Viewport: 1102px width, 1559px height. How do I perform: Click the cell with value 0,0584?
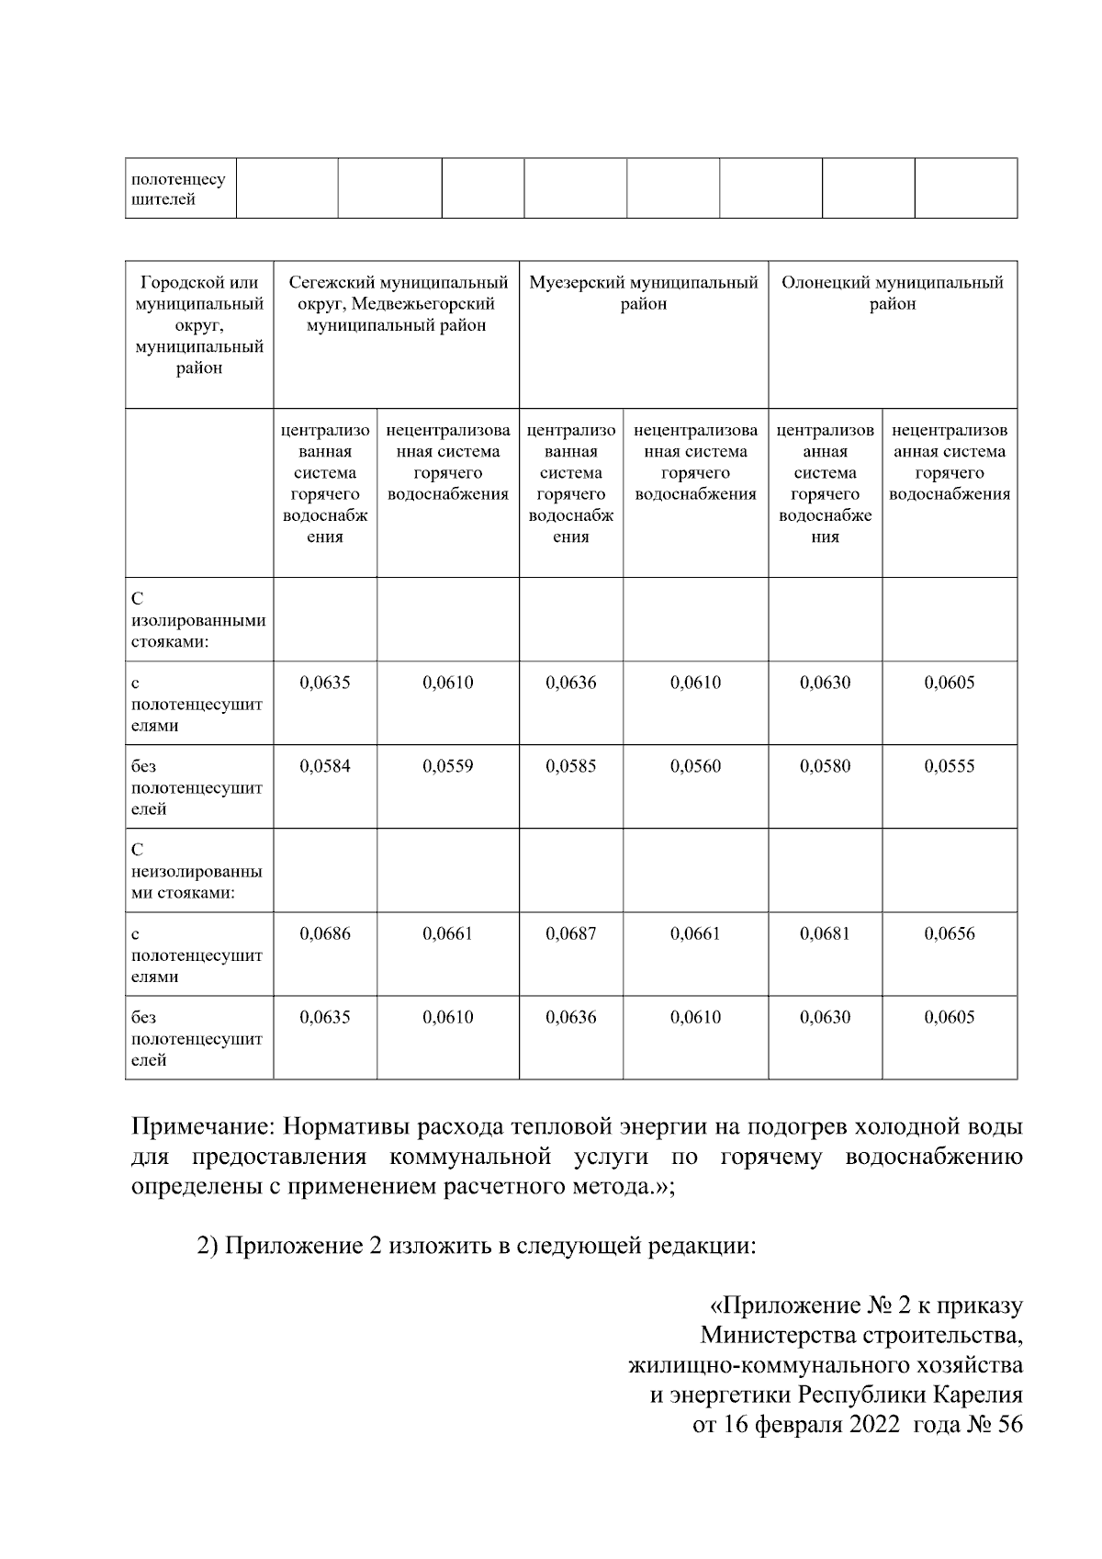pyautogui.click(x=325, y=766)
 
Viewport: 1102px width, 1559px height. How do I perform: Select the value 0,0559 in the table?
pyautogui.click(x=448, y=766)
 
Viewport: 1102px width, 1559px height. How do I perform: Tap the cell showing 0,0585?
pyautogui.click(x=571, y=766)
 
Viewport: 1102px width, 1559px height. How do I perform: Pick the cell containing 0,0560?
pyautogui.click(x=696, y=766)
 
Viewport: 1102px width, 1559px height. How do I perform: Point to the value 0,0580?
pyautogui.click(x=826, y=766)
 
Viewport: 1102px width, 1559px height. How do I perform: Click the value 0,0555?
pyautogui.click(x=950, y=766)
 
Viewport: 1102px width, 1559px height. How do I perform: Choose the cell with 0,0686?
pyautogui.click(x=325, y=933)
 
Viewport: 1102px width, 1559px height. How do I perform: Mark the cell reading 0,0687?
pyautogui.click(x=571, y=933)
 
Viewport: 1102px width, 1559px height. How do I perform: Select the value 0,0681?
pyautogui.click(x=826, y=933)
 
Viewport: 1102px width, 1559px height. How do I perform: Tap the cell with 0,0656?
pyautogui.click(x=950, y=933)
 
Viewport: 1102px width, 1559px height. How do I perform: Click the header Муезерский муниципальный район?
pyautogui.click(x=644, y=293)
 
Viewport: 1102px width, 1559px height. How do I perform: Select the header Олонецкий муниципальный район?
pyautogui.click(x=893, y=293)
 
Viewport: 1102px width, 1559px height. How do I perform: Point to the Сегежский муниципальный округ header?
pyautogui.click(x=397, y=304)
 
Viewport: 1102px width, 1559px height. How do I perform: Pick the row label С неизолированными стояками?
pyautogui.click(x=197, y=871)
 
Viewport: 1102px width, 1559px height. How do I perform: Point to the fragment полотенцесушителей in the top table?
pyautogui.click(x=179, y=189)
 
